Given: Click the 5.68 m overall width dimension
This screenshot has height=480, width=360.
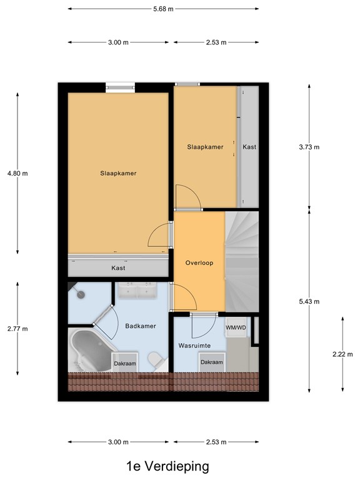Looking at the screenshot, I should tap(162, 9).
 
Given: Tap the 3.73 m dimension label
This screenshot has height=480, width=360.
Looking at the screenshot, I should tap(309, 147).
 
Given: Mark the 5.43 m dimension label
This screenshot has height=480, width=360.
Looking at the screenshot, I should tap(309, 301).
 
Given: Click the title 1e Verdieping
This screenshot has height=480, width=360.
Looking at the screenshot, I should tap(166, 466).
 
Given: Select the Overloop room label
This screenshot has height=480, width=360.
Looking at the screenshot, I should tap(199, 263).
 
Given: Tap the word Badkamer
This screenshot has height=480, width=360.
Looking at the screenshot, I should tap(141, 326).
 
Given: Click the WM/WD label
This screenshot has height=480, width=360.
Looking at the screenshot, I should tap(236, 327).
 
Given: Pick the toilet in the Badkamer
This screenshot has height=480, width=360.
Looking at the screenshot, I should tap(156, 360).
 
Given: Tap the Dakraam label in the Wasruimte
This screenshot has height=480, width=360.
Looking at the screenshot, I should tap(211, 362).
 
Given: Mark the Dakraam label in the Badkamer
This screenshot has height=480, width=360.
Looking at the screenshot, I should tap(125, 363).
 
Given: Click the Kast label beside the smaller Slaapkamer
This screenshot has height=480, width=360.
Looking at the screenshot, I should tap(249, 147).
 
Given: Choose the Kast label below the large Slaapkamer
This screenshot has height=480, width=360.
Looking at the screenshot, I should tap(118, 267).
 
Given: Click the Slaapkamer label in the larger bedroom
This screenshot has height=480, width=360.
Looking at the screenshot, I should tap(118, 173).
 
